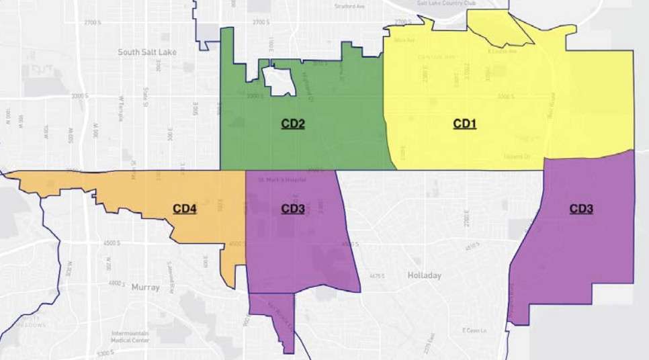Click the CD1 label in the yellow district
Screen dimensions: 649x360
point(465,124)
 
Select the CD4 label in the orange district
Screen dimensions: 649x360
point(185,209)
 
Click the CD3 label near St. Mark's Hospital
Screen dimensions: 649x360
point(293,209)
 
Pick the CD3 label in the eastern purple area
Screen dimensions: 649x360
point(581,209)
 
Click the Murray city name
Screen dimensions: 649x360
point(146,287)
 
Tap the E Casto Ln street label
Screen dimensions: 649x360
point(473,330)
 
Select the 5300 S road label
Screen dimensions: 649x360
point(105,353)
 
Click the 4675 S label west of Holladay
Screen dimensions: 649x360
point(377,275)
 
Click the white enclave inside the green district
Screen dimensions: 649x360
point(281,81)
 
